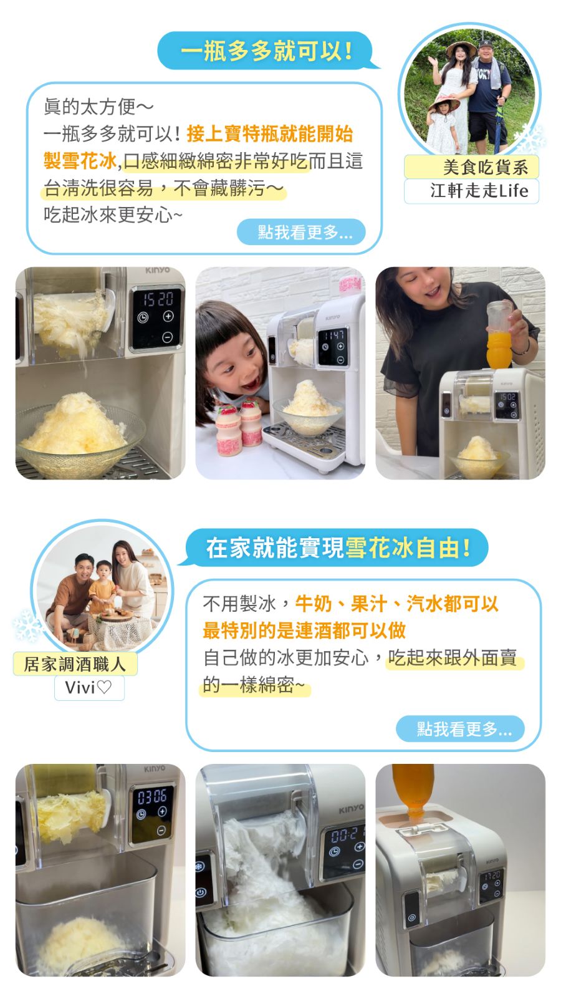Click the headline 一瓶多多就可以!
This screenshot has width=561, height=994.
coord(267,50)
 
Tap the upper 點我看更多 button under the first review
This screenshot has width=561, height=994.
coord(301,231)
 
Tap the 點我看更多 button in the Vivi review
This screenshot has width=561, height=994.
coord(460,728)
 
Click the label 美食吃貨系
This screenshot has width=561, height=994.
coord(472,167)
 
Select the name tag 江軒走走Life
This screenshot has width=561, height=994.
coord(472,191)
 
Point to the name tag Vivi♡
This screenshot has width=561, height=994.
coord(89,688)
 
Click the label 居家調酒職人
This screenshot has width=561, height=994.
coord(75,664)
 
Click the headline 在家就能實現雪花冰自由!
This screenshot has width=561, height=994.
coord(337,548)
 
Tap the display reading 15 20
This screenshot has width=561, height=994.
coord(157,299)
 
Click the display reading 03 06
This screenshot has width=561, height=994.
coord(152,797)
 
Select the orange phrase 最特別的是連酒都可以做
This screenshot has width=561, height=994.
coord(304,630)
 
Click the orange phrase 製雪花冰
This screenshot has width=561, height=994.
coord(80,161)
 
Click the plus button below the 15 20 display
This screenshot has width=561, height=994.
coord(168,316)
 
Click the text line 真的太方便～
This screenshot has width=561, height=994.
coord(98,107)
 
